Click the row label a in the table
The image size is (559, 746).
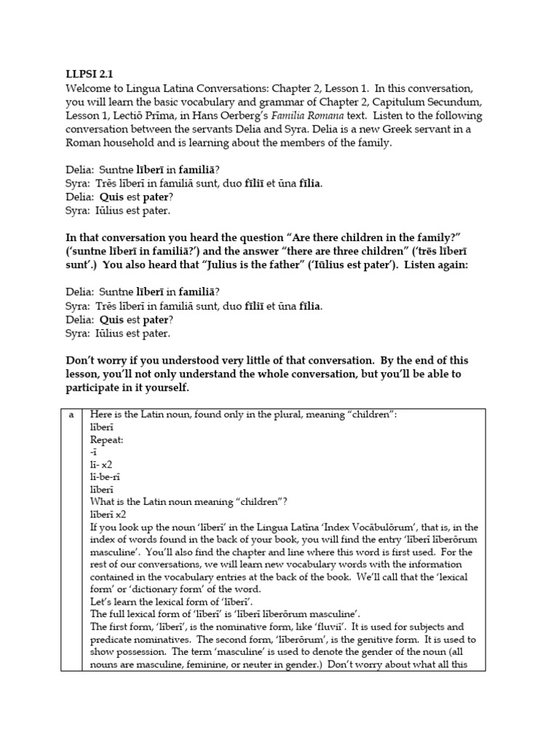(71, 415)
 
